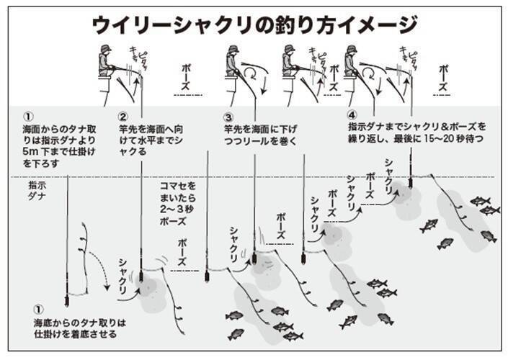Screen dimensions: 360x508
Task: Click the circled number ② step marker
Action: tap(123, 115)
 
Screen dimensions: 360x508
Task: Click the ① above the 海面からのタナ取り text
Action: tap(28, 115)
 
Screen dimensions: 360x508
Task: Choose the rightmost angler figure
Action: tap(351, 63)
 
